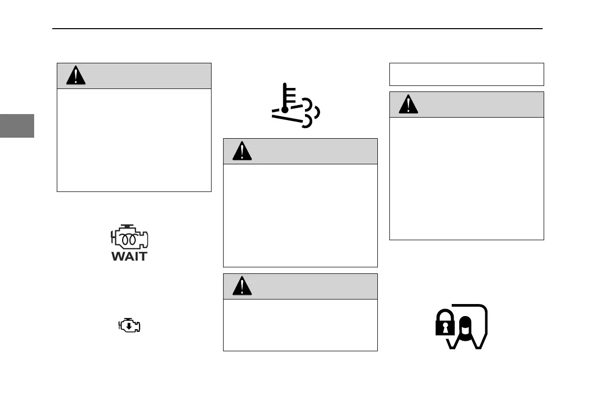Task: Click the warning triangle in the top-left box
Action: click(x=76, y=76)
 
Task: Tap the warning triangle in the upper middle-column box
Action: click(x=242, y=151)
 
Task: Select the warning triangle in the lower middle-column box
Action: click(x=242, y=286)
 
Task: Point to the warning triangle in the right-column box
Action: click(x=408, y=105)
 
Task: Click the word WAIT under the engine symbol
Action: click(x=129, y=256)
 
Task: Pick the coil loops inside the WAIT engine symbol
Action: click(x=129, y=239)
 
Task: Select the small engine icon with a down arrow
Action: click(x=129, y=326)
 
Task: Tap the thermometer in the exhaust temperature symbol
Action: click(x=285, y=98)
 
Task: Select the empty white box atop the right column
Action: click(x=467, y=74)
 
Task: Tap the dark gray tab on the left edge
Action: click(x=17, y=126)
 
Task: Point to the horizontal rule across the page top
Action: click(x=297, y=29)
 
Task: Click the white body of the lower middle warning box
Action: click(x=300, y=325)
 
